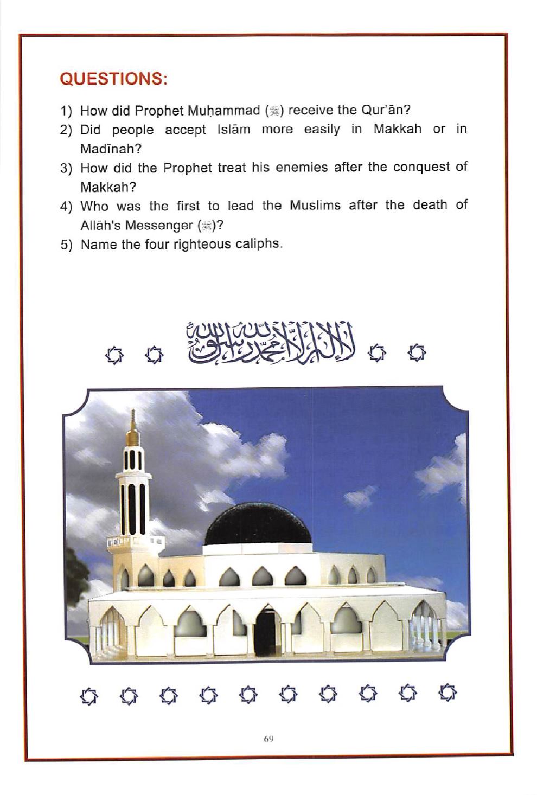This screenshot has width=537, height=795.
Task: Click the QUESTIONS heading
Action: click(113, 79)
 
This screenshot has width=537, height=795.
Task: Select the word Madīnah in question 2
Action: click(110, 149)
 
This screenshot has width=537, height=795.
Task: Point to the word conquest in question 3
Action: click(421, 167)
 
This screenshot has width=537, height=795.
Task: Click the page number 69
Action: click(268, 738)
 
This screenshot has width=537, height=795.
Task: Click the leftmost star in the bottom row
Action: click(87, 694)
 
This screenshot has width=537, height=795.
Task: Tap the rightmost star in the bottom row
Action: click(448, 693)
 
